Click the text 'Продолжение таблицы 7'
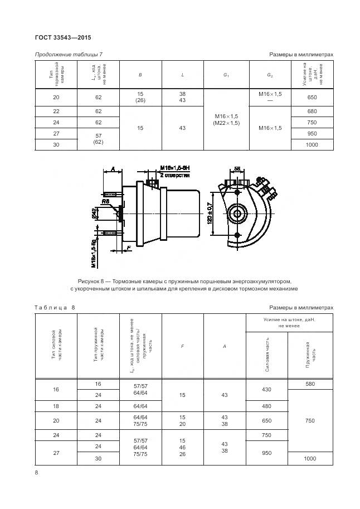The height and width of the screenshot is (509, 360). pyautogui.click(x=69, y=55)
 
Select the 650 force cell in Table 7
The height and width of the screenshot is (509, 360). pyautogui.click(x=312, y=97)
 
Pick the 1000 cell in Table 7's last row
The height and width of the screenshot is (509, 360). pyautogui.click(x=312, y=144)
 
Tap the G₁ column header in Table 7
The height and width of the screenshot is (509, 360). pyautogui.click(x=226, y=74)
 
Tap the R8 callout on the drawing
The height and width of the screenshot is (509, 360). pyautogui.click(x=105, y=201)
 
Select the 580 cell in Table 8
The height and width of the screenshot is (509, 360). pyautogui.click(x=310, y=384)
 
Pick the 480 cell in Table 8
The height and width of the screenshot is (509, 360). pyautogui.click(x=267, y=405)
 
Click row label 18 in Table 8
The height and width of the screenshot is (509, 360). pyautogui.click(x=56, y=405)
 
